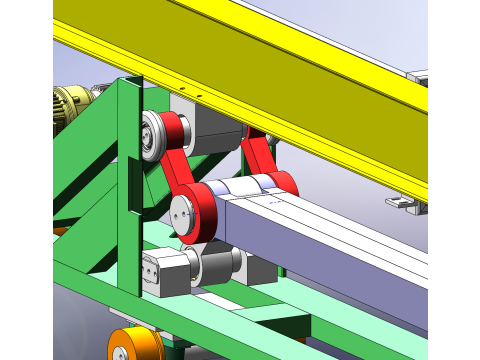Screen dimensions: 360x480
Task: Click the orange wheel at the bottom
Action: [x=133, y=345]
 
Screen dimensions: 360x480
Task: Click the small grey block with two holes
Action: [x=157, y=271]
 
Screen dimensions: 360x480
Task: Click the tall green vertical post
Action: [x=127, y=190]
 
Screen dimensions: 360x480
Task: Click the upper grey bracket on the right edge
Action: [x=417, y=73]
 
